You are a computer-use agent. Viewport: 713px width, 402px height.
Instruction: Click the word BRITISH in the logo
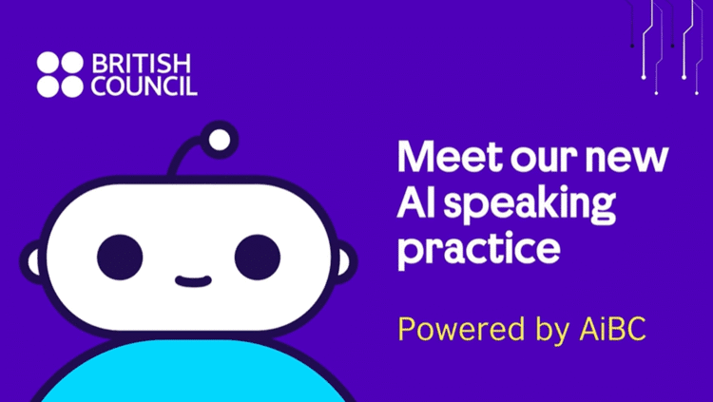[142, 65]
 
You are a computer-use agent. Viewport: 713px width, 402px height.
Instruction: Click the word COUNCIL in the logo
[145, 86]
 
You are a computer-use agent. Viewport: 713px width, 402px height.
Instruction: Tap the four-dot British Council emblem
[59, 75]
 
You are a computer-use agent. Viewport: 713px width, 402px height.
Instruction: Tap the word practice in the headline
[477, 250]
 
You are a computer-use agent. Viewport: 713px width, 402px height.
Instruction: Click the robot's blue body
[190, 375]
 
